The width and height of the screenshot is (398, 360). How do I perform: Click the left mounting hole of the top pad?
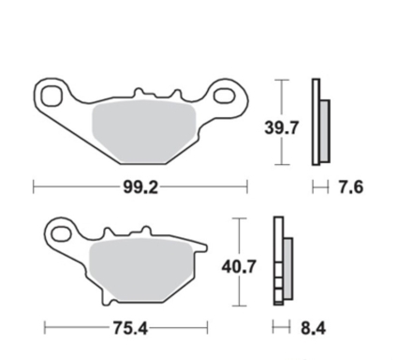[52, 93]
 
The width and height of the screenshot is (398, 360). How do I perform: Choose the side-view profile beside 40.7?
[280, 262]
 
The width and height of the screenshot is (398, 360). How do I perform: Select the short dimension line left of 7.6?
[318, 188]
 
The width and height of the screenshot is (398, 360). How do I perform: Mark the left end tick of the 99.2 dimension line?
[34, 187]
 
